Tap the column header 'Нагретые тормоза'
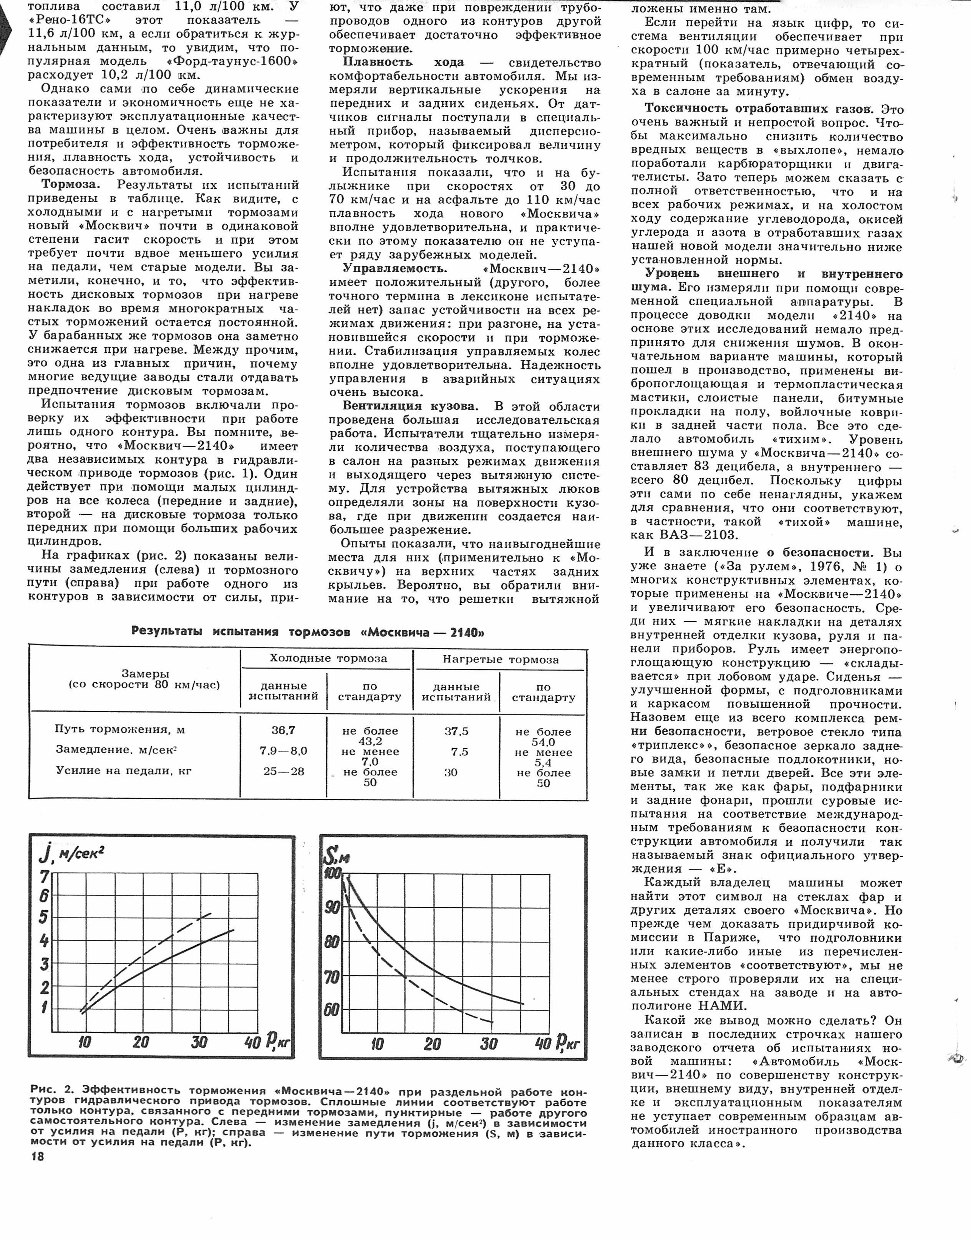pyautogui.click(x=500, y=660)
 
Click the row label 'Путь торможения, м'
pyautogui.click(x=120, y=729)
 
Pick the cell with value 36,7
pyautogui.click(x=283, y=730)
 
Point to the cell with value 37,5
pyautogui.click(x=456, y=732)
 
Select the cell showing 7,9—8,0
pyautogui.click(x=283, y=751)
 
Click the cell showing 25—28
pyautogui.click(x=283, y=771)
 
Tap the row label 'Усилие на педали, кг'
pyautogui.click(x=124, y=771)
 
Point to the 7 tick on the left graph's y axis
pyautogui.click(x=44, y=877)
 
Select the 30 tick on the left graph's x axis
pyautogui.click(x=199, y=1042)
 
